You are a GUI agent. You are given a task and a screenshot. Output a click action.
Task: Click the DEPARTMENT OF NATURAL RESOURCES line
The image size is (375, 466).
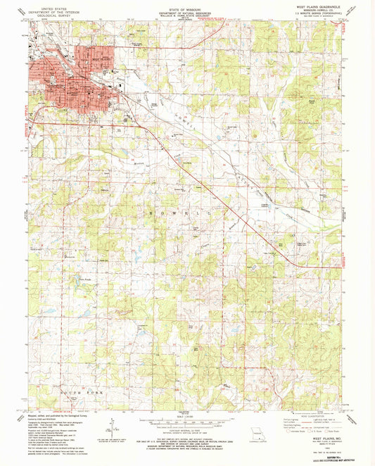[186, 11]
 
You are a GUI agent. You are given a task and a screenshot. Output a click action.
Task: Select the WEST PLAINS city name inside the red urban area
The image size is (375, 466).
[74, 73]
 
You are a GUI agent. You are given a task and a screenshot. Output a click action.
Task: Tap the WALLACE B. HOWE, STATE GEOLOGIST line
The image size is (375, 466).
[186, 14]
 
